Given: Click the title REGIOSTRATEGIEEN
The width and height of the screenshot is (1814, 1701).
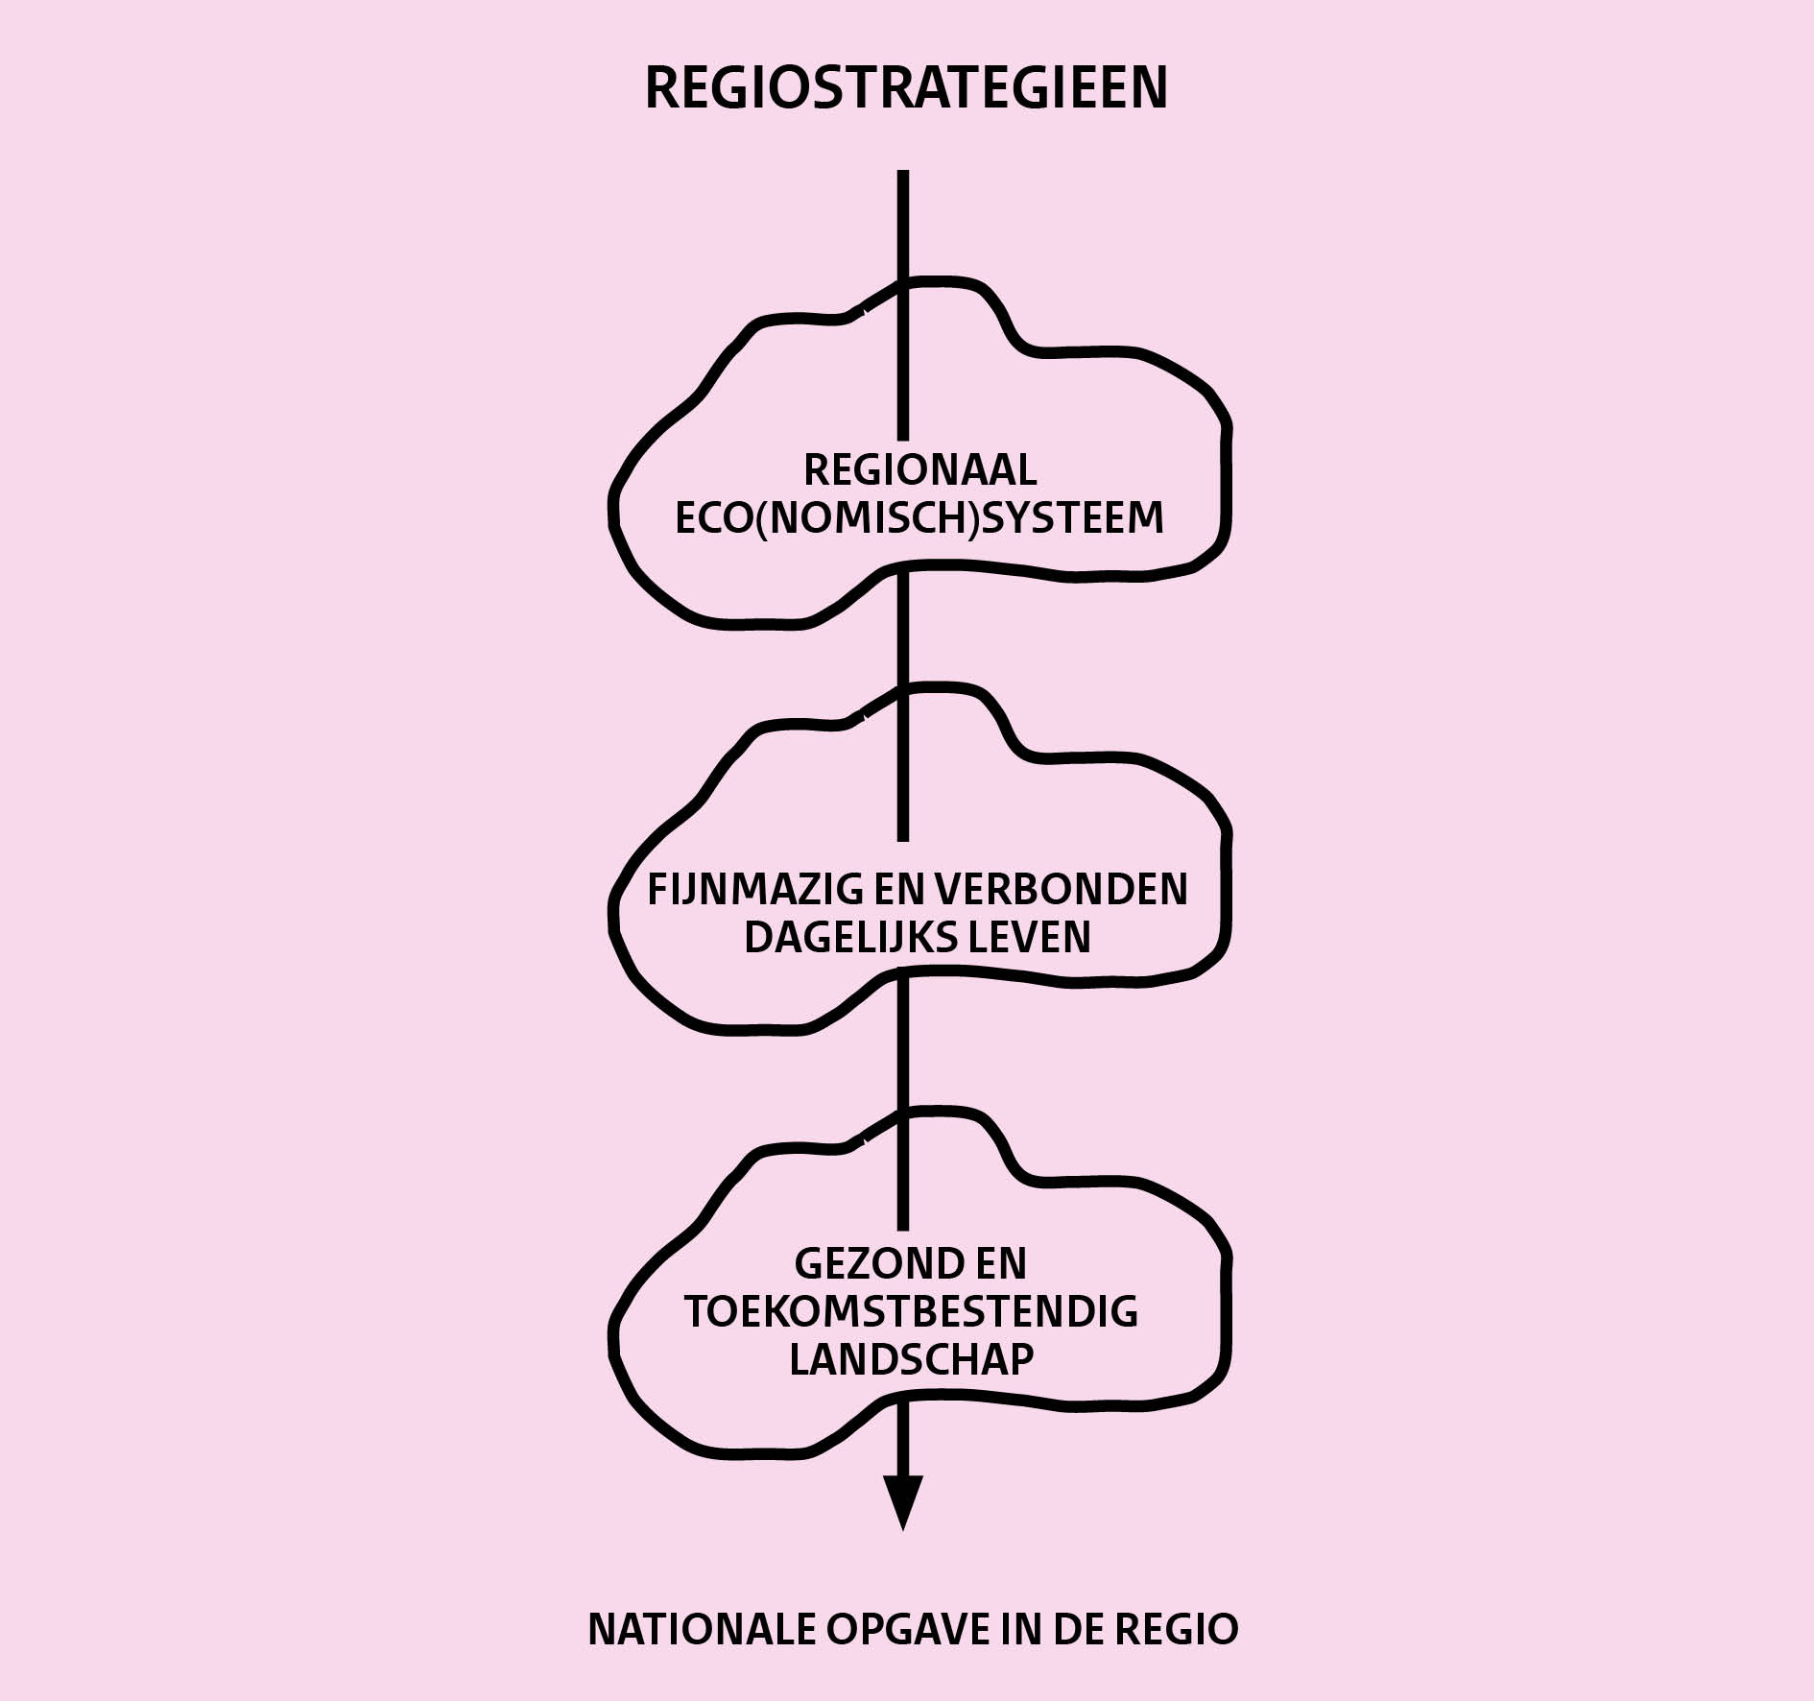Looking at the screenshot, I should [905, 88].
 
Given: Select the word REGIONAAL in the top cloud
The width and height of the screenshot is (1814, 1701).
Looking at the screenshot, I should [919, 470].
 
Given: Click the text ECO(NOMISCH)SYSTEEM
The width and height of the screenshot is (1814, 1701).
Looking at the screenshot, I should [919, 518].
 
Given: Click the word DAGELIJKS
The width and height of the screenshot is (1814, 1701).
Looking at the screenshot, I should [842, 937].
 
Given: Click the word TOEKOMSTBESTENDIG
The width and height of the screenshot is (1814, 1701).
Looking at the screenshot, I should [911, 1311].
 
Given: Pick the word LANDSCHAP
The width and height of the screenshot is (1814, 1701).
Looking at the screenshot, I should [911, 1359].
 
